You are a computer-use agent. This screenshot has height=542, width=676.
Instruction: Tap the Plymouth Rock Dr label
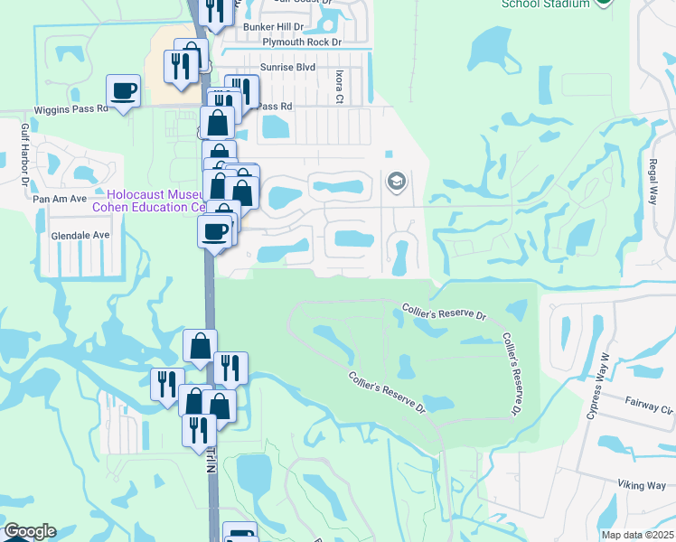point(302,42)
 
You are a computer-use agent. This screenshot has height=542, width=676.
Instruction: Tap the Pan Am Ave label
point(59,198)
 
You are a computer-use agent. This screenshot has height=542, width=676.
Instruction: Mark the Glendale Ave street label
point(80,235)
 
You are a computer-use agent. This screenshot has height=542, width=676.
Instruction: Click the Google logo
point(29,531)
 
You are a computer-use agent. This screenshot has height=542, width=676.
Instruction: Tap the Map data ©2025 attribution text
point(637,535)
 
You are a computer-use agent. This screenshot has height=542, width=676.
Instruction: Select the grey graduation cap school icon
point(396,182)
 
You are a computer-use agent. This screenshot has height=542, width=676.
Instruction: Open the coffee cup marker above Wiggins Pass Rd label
point(123,91)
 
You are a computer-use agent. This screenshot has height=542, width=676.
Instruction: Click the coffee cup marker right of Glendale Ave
point(214,231)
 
